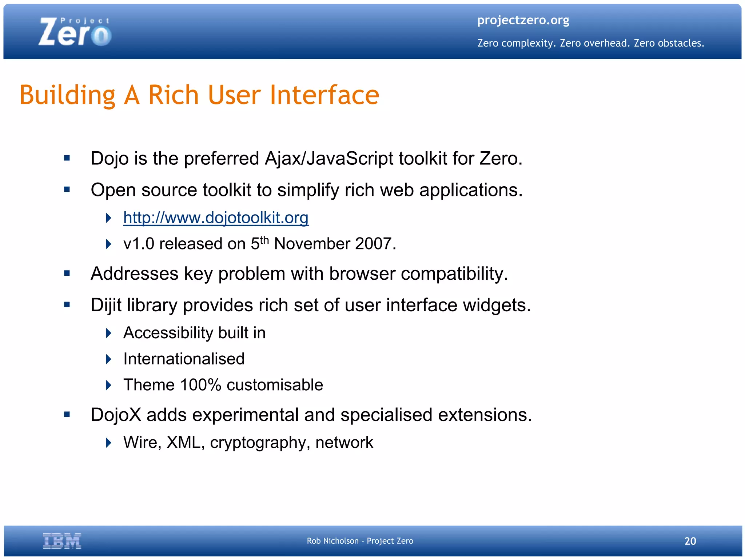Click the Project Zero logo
pyautogui.click(x=75, y=32)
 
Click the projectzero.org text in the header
pyautogui.click(x=523, y=20)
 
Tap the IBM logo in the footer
pyautogui.click(x=62, y=541)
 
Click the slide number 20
pyautogui.click(x=690, y=541)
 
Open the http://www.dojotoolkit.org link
pyautogui.click(x=216, y=218)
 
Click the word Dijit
pyautogui.click(x=106, y=305)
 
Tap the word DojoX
pyautogui.click(x=116, y=415)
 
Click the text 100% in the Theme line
pyautogui.click(x=200, y=385)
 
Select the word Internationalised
pyautogui.click(x=184, y=359)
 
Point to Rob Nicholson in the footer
pyautogui.click(x=332, y=541)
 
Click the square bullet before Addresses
pyautogui.click(x=67, y=273)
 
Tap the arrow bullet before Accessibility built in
pyautogui.click(x=108, y=333)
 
